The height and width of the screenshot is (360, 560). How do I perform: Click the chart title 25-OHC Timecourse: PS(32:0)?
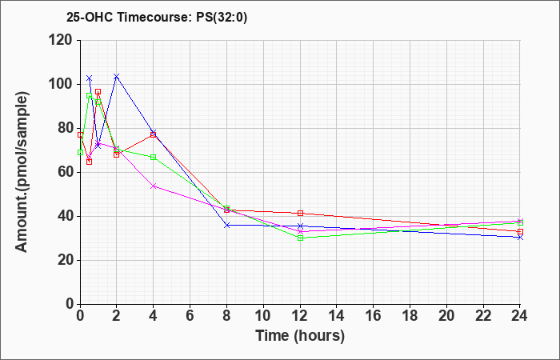pyautogui.click(x=157, y=17)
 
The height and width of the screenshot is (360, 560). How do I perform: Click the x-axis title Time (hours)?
pyautogui.click(x=300, y=336)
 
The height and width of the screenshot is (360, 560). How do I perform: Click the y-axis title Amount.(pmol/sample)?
pyautogui.click(x=22, y=172)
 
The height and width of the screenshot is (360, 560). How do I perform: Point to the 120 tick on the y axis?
pyautogui.click(x=62, y=40)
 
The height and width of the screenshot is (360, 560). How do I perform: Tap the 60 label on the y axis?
pyautogui.click(x=66, y=172)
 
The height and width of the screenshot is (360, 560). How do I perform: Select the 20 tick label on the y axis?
pyautogui.click(x=66, y=260)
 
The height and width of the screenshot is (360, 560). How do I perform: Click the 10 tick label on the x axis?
pyautogui.click(x=263, y=316)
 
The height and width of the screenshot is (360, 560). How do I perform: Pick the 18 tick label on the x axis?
pyautogui.click(x=410, y=316)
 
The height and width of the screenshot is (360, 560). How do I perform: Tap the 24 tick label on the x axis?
pyautogui.click(x=519, y=316)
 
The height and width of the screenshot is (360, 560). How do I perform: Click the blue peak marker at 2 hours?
pyautogui.click(x=117, y=76)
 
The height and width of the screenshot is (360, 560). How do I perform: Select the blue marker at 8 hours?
pyautogui.click(x=226, y=225)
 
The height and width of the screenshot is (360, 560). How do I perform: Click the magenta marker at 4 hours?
pyautogui.click(x=154, y=186)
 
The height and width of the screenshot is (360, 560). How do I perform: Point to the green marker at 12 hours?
pyautogui.click(x=300, y=238)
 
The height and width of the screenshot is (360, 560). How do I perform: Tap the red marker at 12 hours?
pyautogui.click(x=300, y=214)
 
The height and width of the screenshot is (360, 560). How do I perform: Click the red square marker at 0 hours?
pyautogui.click(x=80, y=134)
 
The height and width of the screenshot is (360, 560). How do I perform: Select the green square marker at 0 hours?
pyautogui.click(x=80, y=153)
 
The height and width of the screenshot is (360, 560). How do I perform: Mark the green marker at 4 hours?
pyautogui.click(x=154, y=157)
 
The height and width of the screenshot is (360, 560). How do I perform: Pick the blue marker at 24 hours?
pyautogui.click(x=520, y=237)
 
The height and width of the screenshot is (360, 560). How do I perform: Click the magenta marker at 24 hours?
pyautogui.click(x=520, y=221)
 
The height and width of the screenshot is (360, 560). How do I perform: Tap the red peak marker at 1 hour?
pyautogui.click(x=98, y=92)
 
